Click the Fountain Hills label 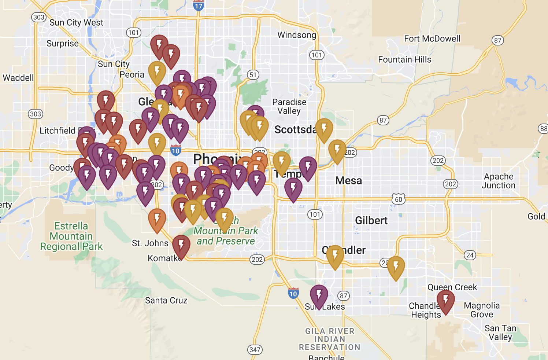404,59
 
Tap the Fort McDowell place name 432,38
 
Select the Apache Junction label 498,181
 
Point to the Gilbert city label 371,220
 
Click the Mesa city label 348,180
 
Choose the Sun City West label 76,23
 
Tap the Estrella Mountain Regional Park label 71,236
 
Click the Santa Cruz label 166,300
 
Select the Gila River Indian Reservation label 330,339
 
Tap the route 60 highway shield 399,199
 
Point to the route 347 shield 255,349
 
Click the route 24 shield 470,255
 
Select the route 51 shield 253,75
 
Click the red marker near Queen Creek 446,301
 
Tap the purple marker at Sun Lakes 319,295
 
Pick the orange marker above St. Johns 157,219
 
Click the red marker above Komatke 181,246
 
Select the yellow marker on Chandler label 335,256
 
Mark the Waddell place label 18,78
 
